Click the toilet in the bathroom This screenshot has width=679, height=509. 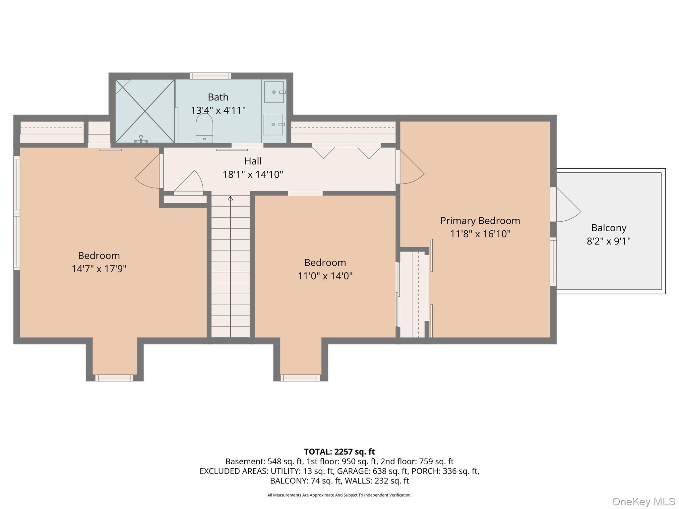204,128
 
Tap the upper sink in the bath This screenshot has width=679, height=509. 274,92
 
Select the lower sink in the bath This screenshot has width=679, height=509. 274,124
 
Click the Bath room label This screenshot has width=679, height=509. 218,97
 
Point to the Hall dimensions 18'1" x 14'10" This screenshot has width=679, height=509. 253,174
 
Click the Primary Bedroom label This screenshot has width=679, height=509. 480,221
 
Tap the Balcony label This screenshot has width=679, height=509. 609,228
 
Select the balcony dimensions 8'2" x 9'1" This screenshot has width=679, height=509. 609,241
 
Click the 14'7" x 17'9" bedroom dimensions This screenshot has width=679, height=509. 99,269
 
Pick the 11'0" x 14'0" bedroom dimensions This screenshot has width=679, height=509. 325,276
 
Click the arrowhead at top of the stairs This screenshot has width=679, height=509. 230,198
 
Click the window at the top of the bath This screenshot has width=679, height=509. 210,76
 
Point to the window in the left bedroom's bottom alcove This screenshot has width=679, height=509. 114,378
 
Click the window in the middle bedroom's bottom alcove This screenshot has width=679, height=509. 300,378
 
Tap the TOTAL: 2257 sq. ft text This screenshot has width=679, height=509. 339,452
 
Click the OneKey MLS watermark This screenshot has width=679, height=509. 644,501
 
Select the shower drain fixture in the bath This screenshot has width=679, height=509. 141,139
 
